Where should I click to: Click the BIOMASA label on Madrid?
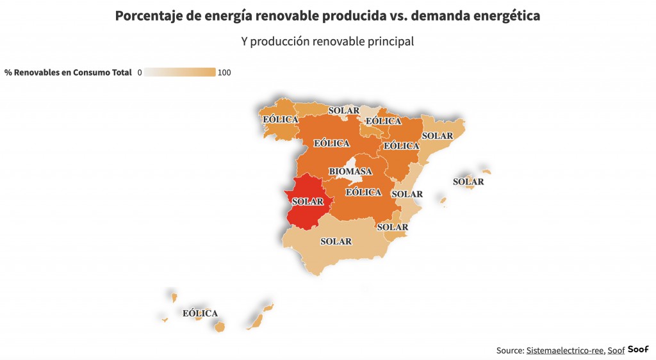350,172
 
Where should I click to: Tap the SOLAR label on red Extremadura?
307,201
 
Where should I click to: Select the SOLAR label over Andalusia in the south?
336,241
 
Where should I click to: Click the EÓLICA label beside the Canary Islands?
200,313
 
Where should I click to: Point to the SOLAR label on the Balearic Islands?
468,182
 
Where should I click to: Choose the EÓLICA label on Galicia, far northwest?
281,119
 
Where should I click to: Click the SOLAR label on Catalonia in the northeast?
438,136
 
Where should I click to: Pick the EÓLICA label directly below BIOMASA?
363,192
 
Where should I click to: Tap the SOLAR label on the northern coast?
344,110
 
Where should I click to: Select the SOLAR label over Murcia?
393,227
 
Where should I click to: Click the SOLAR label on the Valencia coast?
407,194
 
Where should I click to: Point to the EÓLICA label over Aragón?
401,146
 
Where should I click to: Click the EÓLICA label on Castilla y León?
332,143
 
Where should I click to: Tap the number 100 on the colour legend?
224,72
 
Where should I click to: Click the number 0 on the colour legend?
139,72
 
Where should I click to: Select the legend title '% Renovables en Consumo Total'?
67,72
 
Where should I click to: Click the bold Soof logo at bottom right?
638,349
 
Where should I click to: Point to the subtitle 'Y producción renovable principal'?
327,42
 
